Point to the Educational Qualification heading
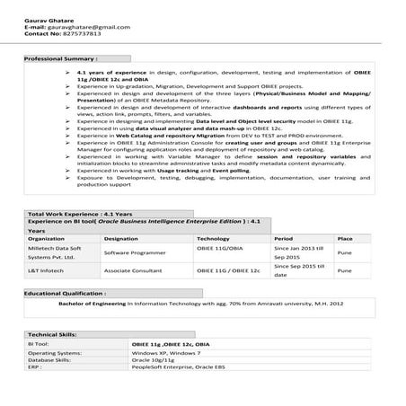point(66,293)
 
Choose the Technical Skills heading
point(53,333)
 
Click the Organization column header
point(46,239)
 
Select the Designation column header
point(121,239)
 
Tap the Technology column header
point(213,239)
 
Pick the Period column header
point(283,239)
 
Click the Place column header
point(344,239)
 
